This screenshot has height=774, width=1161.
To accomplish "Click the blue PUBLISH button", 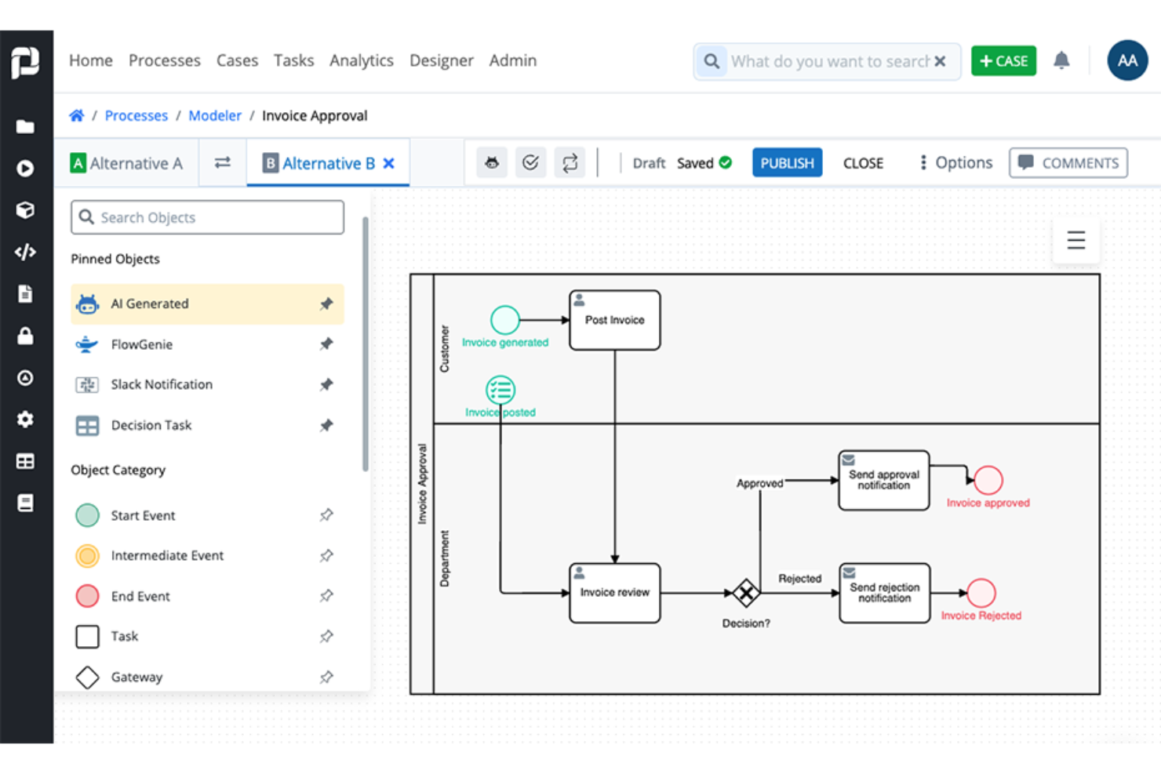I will point(787,162).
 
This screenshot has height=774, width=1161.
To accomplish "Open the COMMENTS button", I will point(1068,162).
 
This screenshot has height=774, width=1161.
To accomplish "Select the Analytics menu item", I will point(361,60).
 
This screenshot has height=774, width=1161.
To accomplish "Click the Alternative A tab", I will point(127,163).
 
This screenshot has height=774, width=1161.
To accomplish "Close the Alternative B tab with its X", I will point(388,163).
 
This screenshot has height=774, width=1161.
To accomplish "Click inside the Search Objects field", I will point(208,217).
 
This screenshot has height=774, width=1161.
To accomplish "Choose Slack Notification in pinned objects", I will point(162,384).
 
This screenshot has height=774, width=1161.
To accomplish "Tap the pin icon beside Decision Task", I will point(326,425).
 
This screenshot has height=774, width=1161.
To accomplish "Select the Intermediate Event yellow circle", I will point(87,555).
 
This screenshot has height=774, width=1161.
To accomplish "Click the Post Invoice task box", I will point(614,320).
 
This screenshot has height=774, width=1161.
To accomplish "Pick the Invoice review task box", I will point(614,593).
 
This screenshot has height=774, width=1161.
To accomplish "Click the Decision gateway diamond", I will point(745,593).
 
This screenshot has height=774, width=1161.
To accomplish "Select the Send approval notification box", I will point(883,480).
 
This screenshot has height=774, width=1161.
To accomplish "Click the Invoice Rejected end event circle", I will point(981,593).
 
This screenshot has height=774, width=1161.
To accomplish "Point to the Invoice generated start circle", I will point(504,319).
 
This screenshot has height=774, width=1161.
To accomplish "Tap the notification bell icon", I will point(1061,60).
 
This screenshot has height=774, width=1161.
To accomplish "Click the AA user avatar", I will point(1127,60).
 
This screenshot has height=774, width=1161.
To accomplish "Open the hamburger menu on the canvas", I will point(1075,240).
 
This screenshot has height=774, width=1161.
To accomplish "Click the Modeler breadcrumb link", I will point(214,115).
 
